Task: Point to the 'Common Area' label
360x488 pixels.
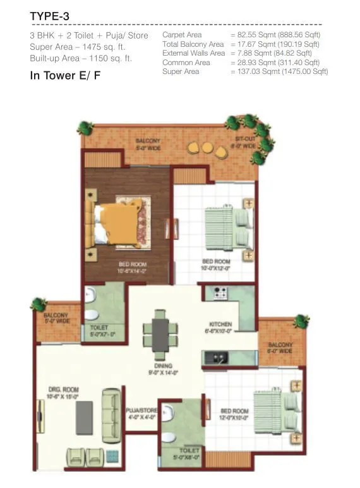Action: tap(186, 63)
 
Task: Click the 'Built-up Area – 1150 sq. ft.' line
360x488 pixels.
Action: tap(80, 59)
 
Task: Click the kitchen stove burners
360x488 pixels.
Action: tap(220, 293)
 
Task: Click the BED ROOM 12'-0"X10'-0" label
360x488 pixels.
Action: tap(234, 414)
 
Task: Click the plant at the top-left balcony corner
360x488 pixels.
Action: tap(85, 128)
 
